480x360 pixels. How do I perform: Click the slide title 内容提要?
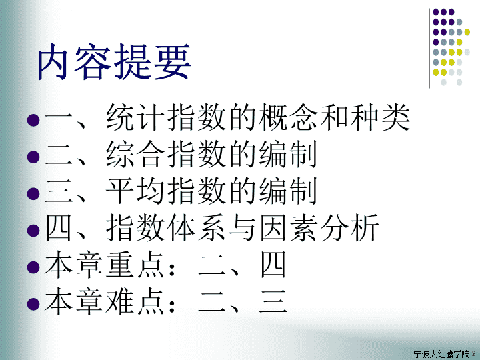[x=114, y=62]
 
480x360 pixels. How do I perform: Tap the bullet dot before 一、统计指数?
[x=33, y=120]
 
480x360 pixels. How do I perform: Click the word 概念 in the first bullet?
[x=288, y=117]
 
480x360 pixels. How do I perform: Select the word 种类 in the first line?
[x=379, y=117]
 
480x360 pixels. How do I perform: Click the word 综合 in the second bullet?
[x=135, y=154]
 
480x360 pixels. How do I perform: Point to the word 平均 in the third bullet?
[x=135, y=191]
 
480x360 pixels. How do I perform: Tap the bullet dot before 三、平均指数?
[x=33, y=193]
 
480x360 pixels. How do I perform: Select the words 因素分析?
[x=319, y=227]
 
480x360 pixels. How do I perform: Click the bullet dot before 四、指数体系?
[x=33, y=230]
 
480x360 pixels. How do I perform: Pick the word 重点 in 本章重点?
[x=135, y=264]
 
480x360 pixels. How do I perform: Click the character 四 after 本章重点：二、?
[x=273, y=265]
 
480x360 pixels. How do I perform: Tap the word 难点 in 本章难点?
[x=135, y=301]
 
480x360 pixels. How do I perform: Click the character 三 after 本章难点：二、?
[x=273, y=301]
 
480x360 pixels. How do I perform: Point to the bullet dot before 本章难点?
[x=33, y=304]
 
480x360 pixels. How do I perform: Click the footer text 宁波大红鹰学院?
[x=441, y=354]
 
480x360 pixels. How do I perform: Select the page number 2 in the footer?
[x=474, y=354]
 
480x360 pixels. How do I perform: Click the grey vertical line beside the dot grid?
[x=429, y=49]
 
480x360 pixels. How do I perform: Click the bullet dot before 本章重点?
[x=33, y=267]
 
